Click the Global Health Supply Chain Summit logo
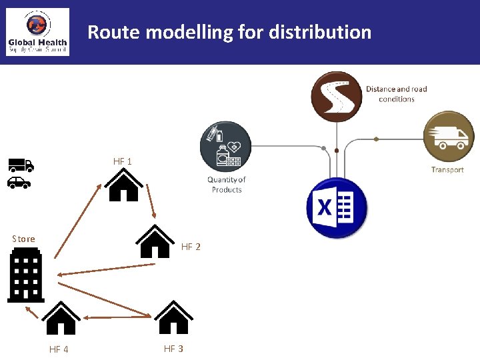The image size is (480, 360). pos(37,32)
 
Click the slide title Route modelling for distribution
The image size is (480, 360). pos(229,31)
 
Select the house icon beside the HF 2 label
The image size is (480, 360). pos(155,241)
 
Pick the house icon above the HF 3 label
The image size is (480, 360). pos(173,317)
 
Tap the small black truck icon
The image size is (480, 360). pos(21,165)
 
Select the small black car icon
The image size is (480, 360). pos(20,182)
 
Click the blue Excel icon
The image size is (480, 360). pos(337,208)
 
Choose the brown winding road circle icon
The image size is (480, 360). pos(337,96)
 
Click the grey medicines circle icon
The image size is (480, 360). pos(226,147)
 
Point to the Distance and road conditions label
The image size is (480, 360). pos(396,94)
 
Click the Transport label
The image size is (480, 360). pos(447,170)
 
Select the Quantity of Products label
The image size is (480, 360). pos(227,185)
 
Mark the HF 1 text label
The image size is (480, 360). pos(123,161)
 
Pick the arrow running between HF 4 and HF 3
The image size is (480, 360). pos(117,317)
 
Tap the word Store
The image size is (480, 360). pos(23,239)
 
